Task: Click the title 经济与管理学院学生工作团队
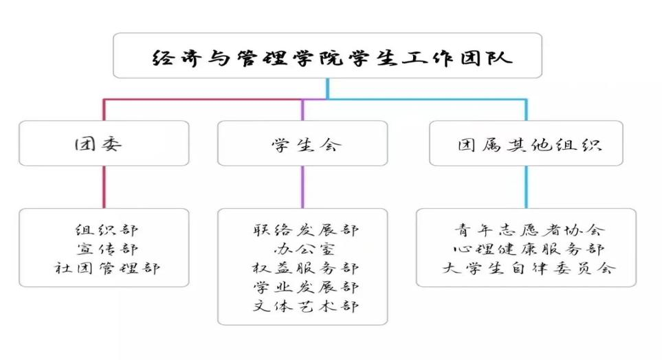(x=332, y=58)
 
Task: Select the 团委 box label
(x=98, y=144)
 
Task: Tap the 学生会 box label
(x=306, y=145)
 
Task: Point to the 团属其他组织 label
(x=529, y=145)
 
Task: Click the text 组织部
(x=107, y=230)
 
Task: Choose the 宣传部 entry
(x=107, y=249)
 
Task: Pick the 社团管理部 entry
(x=107, y=267)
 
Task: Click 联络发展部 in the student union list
(x=306, y=230)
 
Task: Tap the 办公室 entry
(x=305, y=249)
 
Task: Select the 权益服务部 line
(x=306, y=267)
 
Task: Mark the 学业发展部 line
(x=306, y=287)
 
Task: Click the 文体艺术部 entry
(x=306, y=306)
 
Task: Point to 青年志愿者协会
(x=529, y=230)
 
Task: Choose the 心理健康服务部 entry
(x=529, y=249)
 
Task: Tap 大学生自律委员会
(x=529, y=267)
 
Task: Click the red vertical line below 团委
(x=104, y=187)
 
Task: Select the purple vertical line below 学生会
(x=302, y=187)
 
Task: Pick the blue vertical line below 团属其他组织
(x=526, y=187)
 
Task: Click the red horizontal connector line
(x=202, y=100)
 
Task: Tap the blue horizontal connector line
(x=427, y=100)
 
